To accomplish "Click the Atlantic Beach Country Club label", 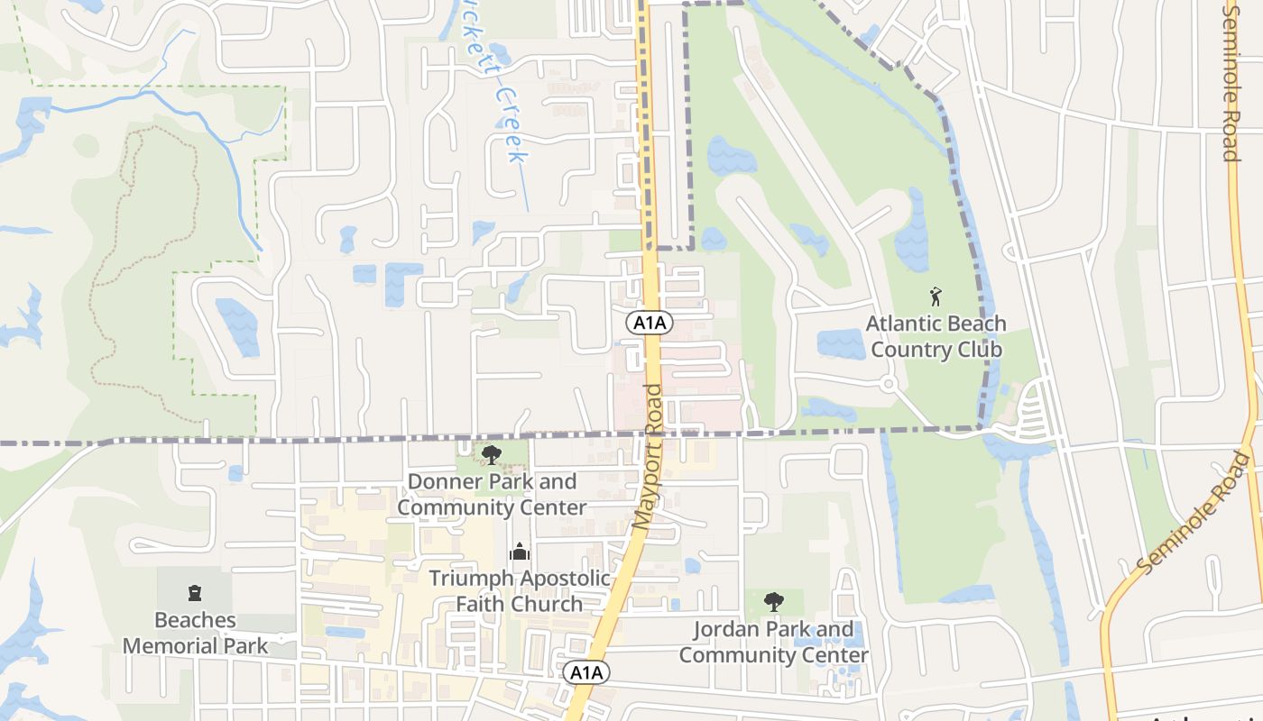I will click(936, 335).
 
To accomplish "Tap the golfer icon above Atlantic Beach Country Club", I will click(936, 295).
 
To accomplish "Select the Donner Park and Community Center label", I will click(492, 494).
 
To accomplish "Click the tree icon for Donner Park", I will click(491, 455).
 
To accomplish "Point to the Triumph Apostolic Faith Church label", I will click(519, 590).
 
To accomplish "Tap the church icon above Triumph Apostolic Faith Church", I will click(520, 551).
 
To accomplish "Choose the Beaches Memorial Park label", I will click(195, 633).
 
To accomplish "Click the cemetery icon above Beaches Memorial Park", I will click(194, 593).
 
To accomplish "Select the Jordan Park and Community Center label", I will click(773, 642).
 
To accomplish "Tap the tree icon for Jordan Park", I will click(773, 601).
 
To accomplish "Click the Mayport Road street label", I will click(649, 457).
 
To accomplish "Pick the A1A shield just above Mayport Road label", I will click(650, 323).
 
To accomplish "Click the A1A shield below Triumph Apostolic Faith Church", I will click(585, 672).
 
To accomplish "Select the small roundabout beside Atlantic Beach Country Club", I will click(888, 385).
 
